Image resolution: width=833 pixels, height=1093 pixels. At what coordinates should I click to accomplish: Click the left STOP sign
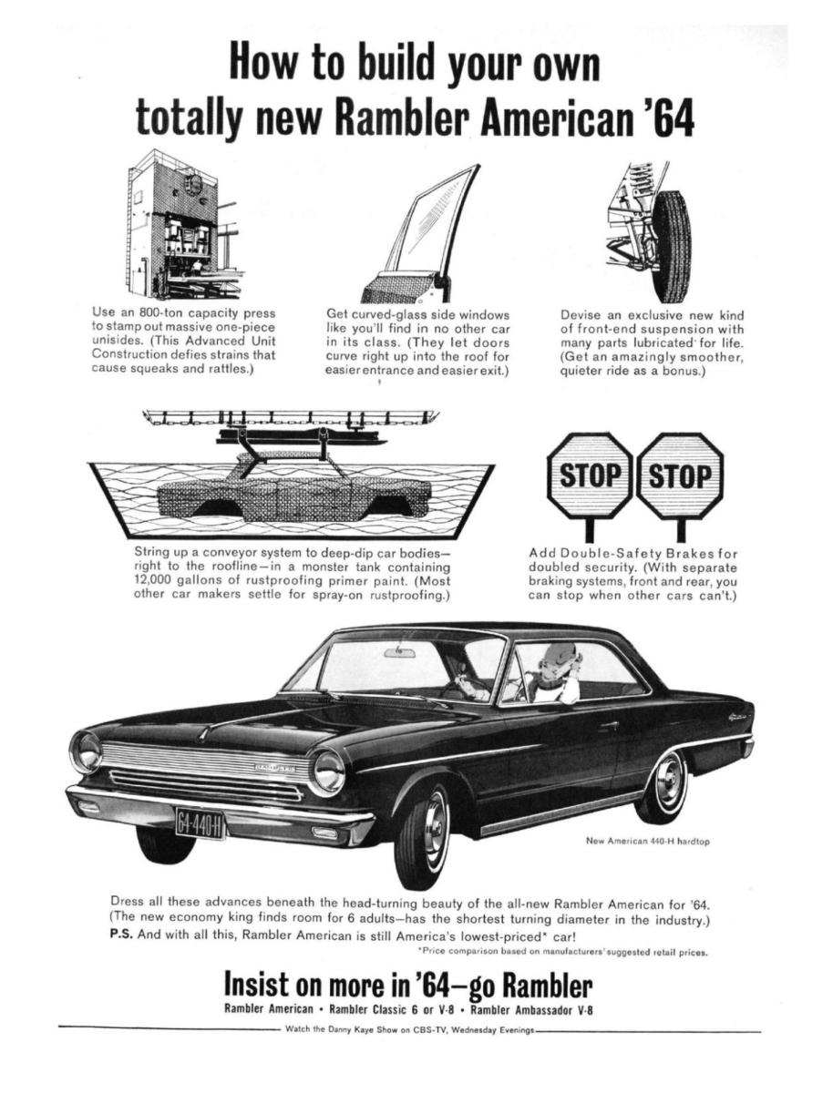[588, 476]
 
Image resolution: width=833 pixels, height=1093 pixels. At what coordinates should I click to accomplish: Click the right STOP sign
[679, 476]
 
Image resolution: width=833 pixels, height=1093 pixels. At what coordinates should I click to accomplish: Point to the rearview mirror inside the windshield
[399, 653]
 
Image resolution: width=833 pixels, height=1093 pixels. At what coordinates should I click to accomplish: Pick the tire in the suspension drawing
[673, 247]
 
